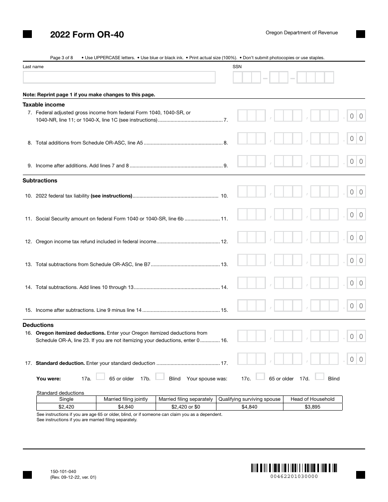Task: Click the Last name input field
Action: pyautogui.click(x=119, y=78)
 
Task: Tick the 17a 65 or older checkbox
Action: pyautogui.click(x=100, y=377)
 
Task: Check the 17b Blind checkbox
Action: pyautogui.click(x=160, y=377)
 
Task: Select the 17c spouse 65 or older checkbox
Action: pyautogui.click(x=260, y=377)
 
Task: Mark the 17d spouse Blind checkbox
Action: pyautogui.click(x=320, y=377)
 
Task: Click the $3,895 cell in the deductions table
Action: pyautogui.click(x=312, y=407)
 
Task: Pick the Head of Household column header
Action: pyautogui.click(x=312, y=399)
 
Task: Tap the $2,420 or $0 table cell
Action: pyautogui.click(x=185, y=407)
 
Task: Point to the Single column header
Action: pyautogui.click(x=67, y=399)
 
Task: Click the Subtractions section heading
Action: pyautogui.click(x=40, y=180)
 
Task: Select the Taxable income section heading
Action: pyautogui.click(x=44, y=104)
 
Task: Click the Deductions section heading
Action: pyautogui.click(x=38, y=325)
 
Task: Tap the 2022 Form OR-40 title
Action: pyautogui.click(x=87, y=35)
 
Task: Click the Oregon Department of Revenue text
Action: pyautogui.click(x=301, y=33)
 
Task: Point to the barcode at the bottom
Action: pyautogui.click(x=294, y=468)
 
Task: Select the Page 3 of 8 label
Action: pyautogui.click(x=61, y=58)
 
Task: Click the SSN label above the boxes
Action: pyautogui.click(x=237, y=67)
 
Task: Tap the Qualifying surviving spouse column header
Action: pyautogui.click(x=249, y=399)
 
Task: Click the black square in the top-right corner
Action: pyautogui.click(x=361, y=34)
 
